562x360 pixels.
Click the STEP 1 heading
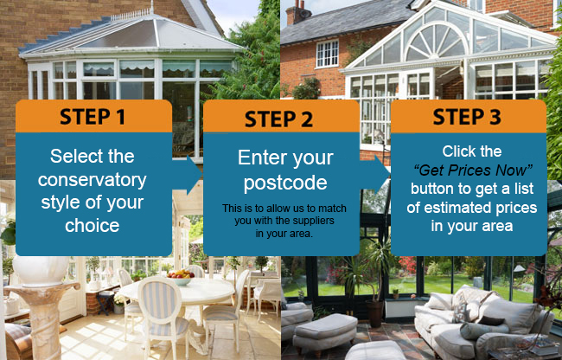pos(93,117)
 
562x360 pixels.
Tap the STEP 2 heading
pos(279,119)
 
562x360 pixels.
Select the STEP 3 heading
pos(467,117)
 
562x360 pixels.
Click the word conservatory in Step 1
pos(93,180)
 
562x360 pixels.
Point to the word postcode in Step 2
pos(285,183)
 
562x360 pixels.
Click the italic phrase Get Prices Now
pos(473,170)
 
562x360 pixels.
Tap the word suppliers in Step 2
pos(313,221)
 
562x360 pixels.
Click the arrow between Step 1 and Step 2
pos(188,175)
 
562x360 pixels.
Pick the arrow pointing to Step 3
pos(375,175)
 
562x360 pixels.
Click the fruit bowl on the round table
pos(181,277)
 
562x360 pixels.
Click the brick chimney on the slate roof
pos(298,13)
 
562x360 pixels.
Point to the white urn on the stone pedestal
pos(41,271)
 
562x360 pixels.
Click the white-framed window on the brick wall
pos(327,54)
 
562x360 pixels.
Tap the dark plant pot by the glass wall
pos(374,313)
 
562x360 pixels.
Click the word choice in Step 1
pos(93,225)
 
